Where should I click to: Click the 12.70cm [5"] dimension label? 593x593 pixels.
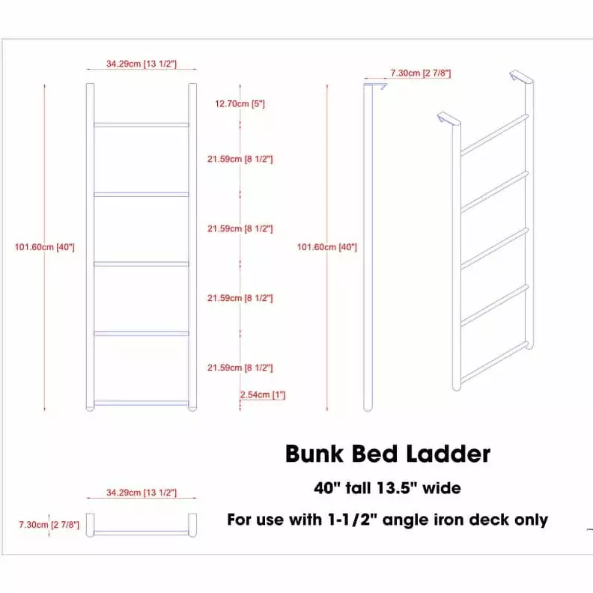[x=240, y=103]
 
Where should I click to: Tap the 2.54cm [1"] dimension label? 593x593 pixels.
[x=263, y=395]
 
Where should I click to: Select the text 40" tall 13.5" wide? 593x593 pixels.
[x=387, y=488]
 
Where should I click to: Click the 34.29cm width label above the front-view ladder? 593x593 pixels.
[x=142, y=64]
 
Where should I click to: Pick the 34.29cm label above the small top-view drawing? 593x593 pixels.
[x=142, y=493]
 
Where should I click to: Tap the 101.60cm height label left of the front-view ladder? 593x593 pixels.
[x=45, y=247]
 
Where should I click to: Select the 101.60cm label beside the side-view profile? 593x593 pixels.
[x=327, y=247]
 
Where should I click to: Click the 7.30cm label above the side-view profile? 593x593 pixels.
[x=421, y=73]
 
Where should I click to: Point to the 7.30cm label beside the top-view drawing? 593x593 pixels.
[x=49, y=525]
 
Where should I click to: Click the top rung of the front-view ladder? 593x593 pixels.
[x=142, y=125]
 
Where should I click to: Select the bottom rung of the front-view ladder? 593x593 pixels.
[x=142, y=403]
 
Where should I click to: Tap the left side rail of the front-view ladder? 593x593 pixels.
[x=90, y=247]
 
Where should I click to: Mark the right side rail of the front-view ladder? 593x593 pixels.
[x=192, y=247]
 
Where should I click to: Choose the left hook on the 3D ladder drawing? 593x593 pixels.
[x=449, y=119]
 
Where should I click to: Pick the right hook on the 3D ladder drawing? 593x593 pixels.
[x=521, y=76]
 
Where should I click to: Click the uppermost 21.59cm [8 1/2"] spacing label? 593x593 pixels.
[x=240, y=159]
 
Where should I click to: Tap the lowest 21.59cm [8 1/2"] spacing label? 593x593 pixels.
[x=240, y=368]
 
